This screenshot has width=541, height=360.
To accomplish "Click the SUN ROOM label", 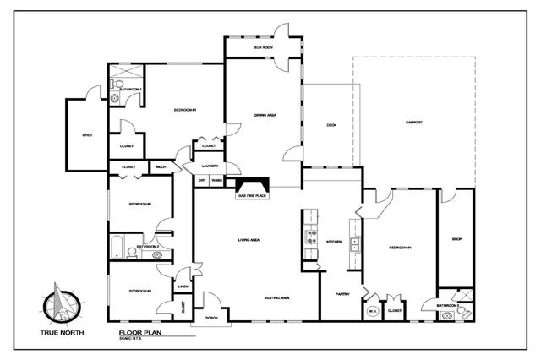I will pyautogui.click(x=263, y=48).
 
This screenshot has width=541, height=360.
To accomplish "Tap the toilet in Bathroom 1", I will pyautogui.click(x=114, y=98).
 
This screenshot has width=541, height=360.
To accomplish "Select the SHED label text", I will pyautogui.click(x=86, y=134).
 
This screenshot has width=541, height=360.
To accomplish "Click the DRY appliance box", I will pyautogui.click(x=202, y=180).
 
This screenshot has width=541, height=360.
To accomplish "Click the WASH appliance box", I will pyautogui.click(x=216, y=180).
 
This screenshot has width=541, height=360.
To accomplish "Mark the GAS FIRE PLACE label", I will pyautogui.click(x=253, y=195).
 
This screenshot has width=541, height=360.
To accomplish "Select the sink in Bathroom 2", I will pyautogui.click(x=157, y=254).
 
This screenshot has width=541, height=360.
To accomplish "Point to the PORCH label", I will pyautogui.click(x=200, y=319).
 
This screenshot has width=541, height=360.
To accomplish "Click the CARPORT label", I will pyautogui.click(x=413, y=123).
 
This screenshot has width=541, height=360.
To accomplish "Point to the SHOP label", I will pyautogui.click(x=456, y=239).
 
